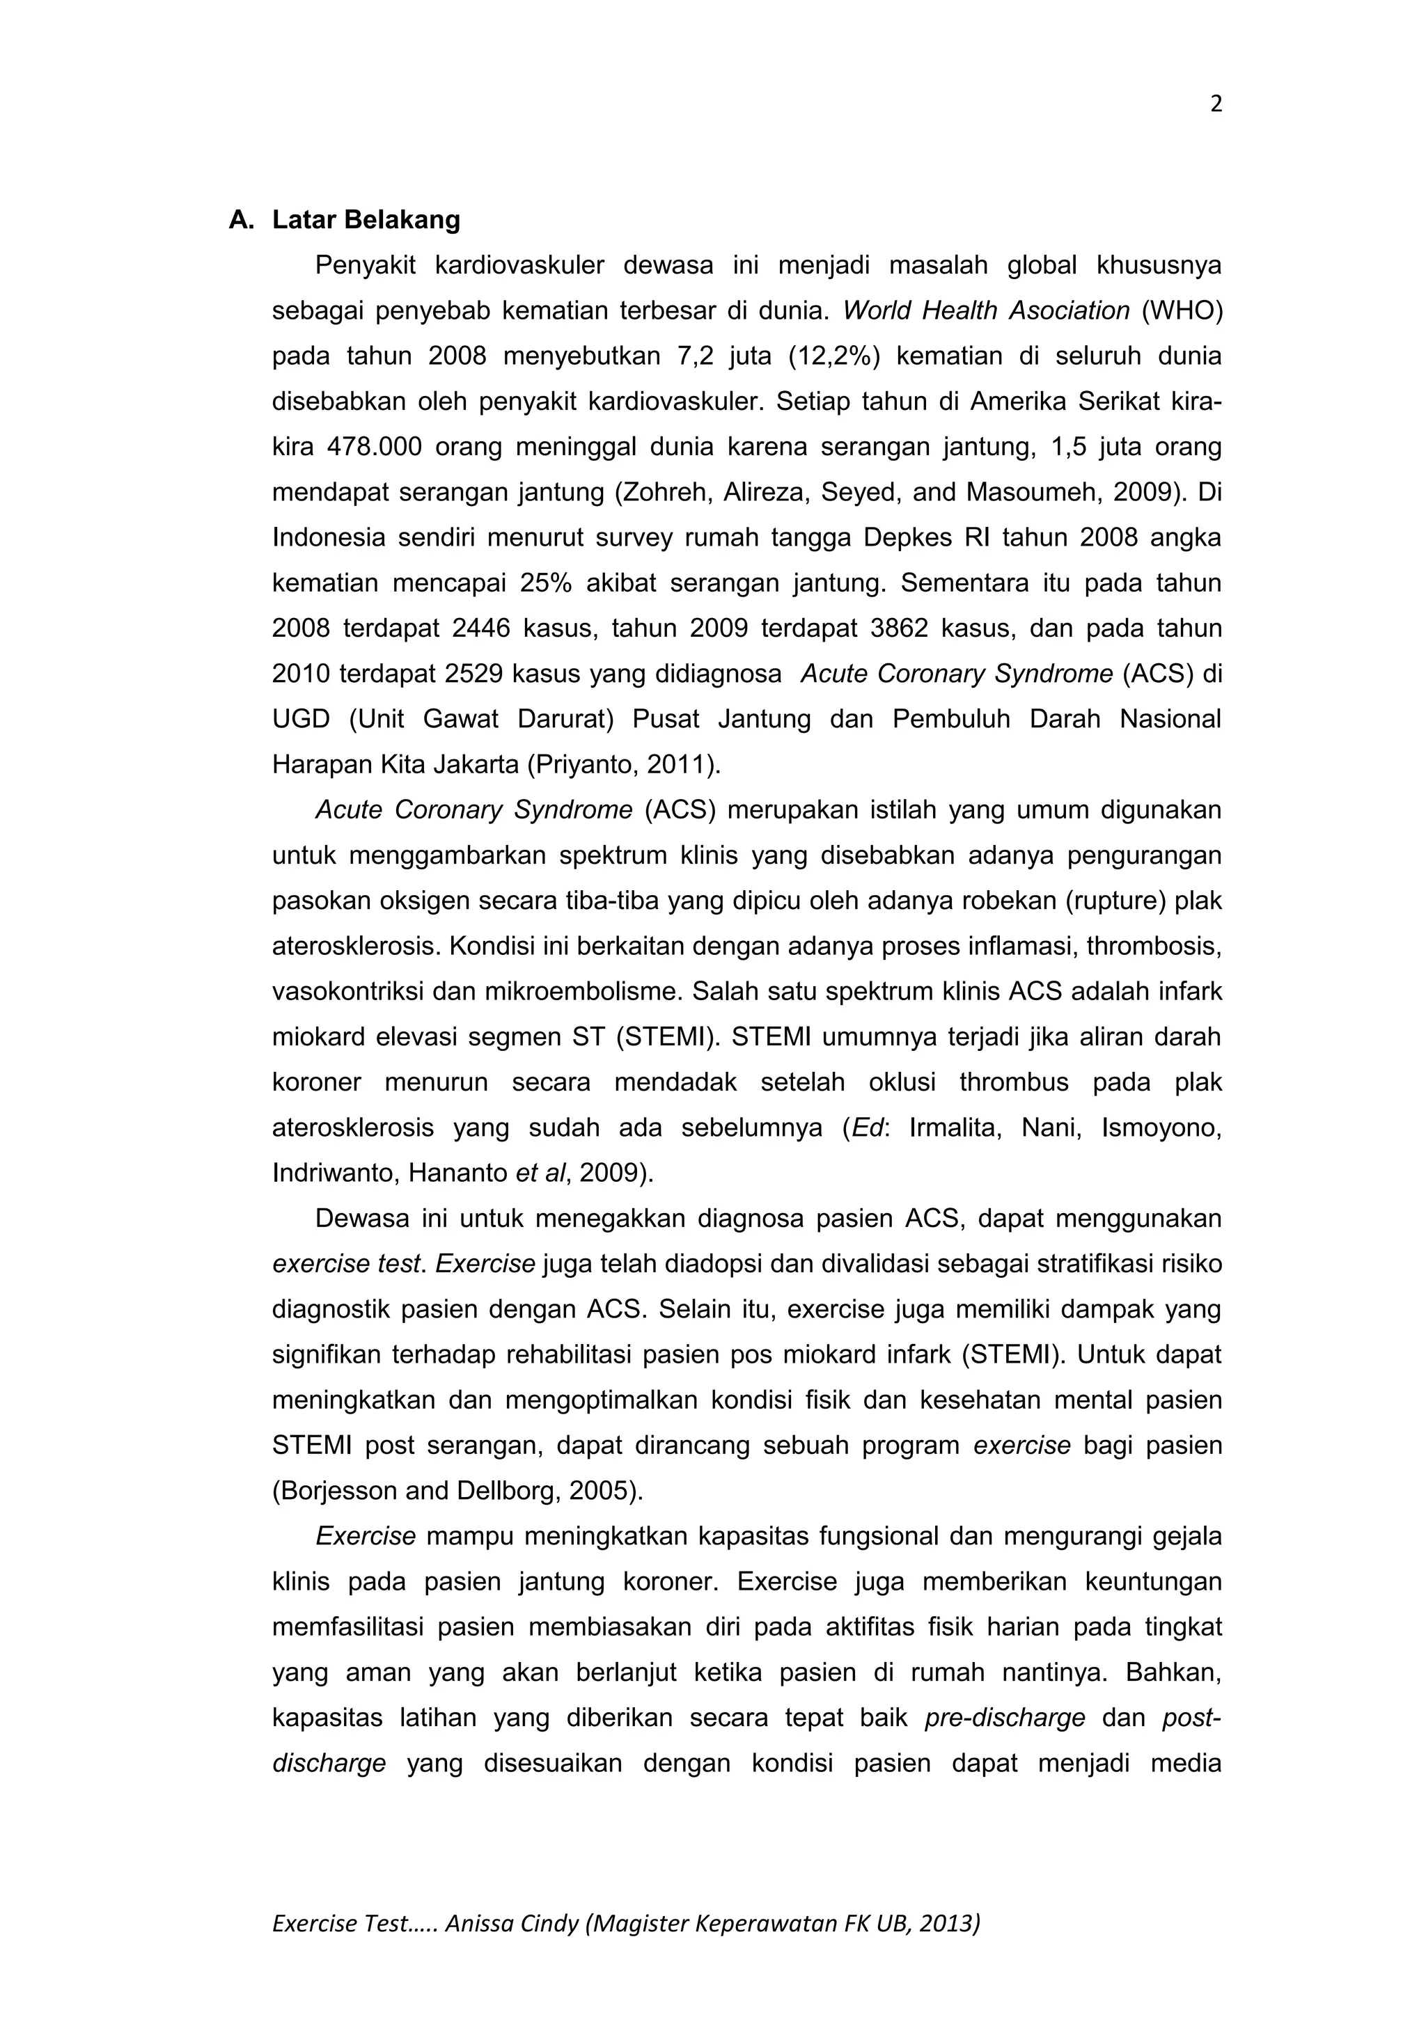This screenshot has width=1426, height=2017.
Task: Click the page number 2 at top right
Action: pos(1215,104)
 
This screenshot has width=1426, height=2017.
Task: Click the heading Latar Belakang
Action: pos(366,220)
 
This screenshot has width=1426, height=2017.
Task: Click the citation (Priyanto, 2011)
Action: pos(624,765)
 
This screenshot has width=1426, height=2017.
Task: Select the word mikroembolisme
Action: pos(592,992)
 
